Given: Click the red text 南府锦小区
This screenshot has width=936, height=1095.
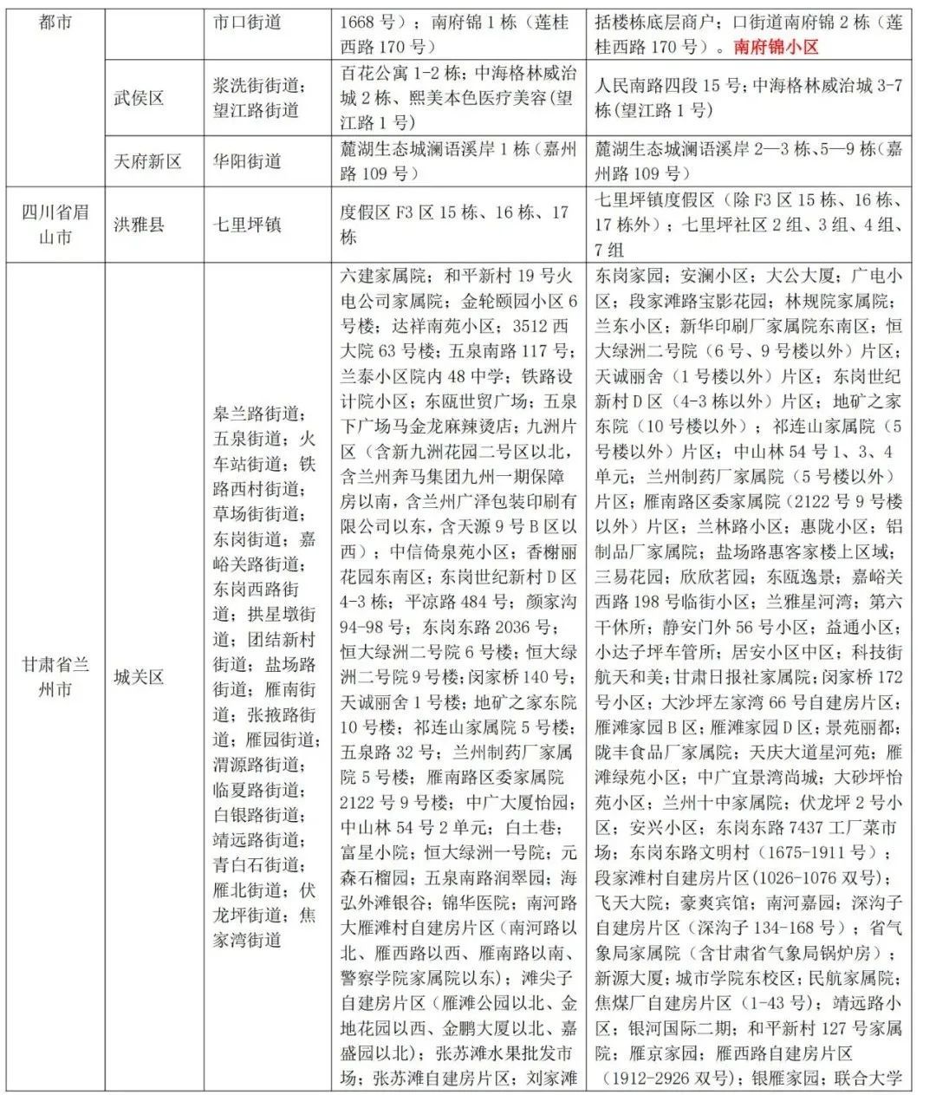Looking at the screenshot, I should tap(776, 47).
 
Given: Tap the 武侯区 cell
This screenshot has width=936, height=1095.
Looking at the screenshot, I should tap(139, 98).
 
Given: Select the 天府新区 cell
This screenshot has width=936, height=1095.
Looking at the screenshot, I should tap(148, 161).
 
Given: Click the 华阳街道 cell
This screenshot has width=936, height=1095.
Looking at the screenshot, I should tap(247, 161).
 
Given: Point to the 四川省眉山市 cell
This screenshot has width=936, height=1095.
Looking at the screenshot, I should tap(55, 225).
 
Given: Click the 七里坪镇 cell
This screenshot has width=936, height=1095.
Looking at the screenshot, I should tap(247, 225).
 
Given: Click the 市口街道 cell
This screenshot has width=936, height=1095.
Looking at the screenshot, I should tap(247, 22).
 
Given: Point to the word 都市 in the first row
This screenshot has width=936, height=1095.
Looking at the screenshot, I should tap(55, 22).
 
